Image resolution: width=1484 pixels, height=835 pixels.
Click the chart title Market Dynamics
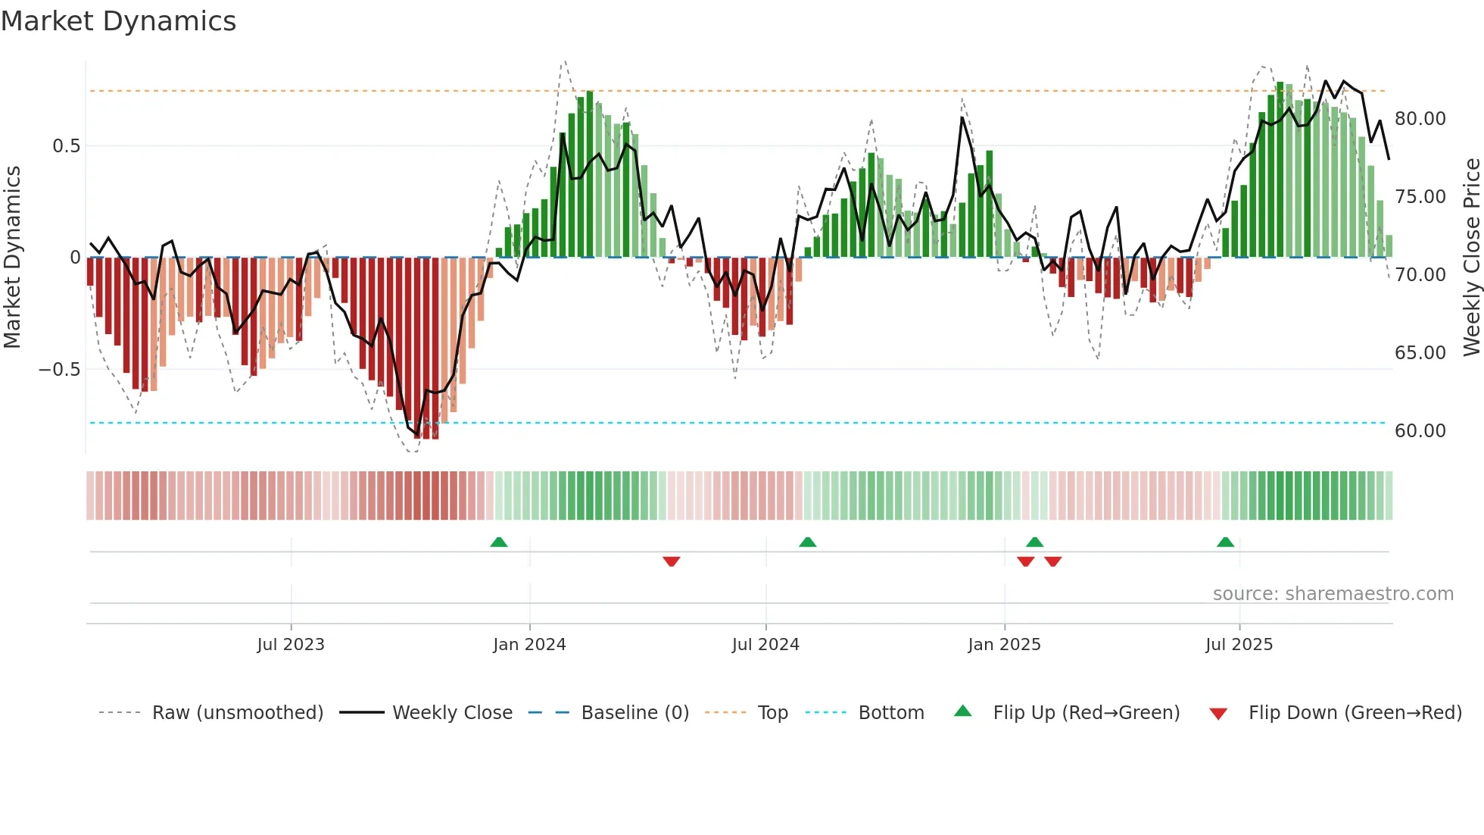tap(118, 21)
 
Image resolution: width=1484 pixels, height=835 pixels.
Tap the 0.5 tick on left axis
tap(66, 145)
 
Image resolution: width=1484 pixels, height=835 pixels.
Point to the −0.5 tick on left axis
tap(59, 369)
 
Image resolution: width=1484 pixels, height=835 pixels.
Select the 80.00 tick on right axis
tap(1420, 119)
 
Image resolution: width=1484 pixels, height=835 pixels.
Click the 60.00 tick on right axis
tap(1420, 431)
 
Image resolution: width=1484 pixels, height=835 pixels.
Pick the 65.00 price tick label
tap(1420, 353)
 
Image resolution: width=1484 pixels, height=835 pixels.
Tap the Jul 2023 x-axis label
tap(291, 645)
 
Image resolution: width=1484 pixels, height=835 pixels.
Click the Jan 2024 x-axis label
tap(529, 645)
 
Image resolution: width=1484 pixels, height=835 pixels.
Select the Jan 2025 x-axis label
tap(1004, 645)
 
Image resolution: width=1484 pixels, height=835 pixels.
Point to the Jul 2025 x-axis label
tap(1239, 645)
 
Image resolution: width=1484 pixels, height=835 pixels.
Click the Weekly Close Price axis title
tap(1471, 257)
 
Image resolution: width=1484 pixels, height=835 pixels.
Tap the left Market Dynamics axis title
tap(12, 257)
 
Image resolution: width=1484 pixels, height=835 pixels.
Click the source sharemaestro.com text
tap(1333, 594)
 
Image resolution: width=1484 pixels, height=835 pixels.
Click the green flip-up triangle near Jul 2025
tap(1225, 542)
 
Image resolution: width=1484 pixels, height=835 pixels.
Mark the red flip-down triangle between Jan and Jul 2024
tap(671, 561)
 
